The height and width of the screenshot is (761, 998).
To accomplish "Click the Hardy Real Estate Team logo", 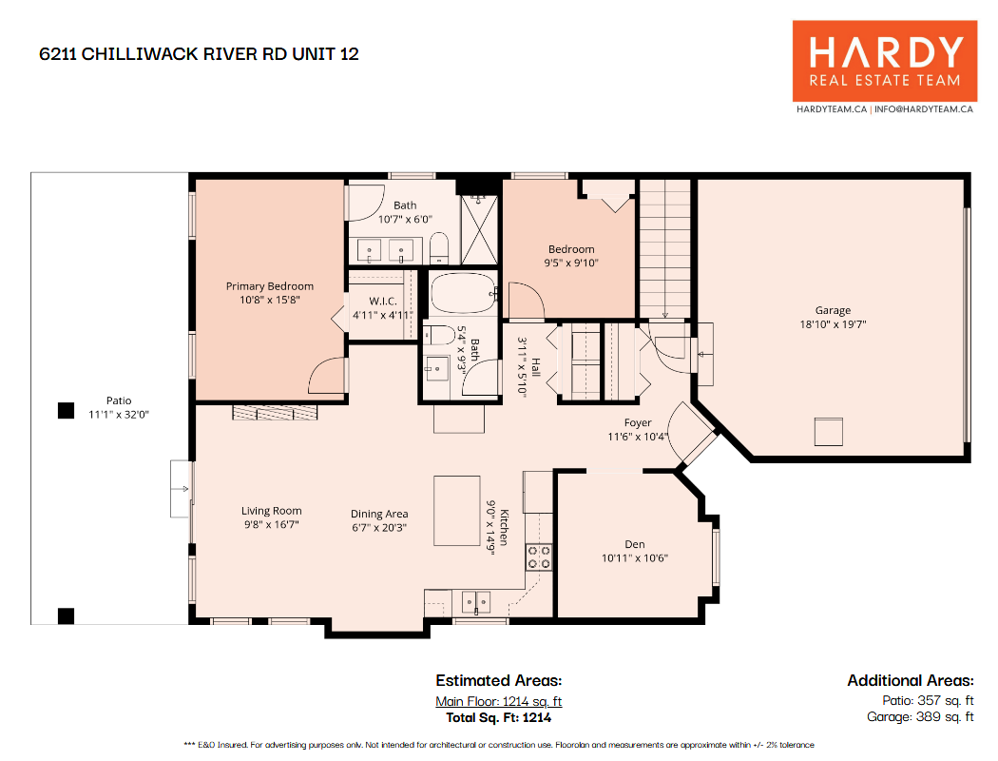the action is [885, 61].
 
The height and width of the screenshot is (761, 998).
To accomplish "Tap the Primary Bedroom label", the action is [270, 286].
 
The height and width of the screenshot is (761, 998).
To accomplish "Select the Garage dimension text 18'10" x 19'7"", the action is [834, 324].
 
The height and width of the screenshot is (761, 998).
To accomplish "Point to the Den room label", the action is [635, 544].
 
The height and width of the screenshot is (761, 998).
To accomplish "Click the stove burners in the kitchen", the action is [539, 556].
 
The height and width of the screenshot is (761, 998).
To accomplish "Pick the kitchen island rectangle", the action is [457, 511].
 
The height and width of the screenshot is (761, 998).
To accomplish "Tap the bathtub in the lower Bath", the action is [464, 293].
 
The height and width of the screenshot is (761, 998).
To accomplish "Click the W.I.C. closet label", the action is [382, 302].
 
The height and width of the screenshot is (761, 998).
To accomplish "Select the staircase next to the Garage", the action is [665, 249].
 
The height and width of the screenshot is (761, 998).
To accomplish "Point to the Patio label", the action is [119, 400].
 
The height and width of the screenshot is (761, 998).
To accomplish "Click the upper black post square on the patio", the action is [67, 411].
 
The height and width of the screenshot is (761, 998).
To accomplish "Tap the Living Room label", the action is [271, 511].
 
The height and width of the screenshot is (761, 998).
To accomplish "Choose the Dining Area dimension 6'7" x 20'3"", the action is [379, 527].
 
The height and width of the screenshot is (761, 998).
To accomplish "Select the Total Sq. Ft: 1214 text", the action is [498, 717].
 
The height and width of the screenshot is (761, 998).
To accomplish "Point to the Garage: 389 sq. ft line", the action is [920, 717].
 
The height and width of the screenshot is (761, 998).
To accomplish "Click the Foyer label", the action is [638, 423].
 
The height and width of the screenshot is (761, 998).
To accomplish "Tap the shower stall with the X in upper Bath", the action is [479, 230].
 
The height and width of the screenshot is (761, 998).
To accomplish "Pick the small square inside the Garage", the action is [829, 432].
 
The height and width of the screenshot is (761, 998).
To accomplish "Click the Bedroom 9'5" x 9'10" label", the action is [571, 256].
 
